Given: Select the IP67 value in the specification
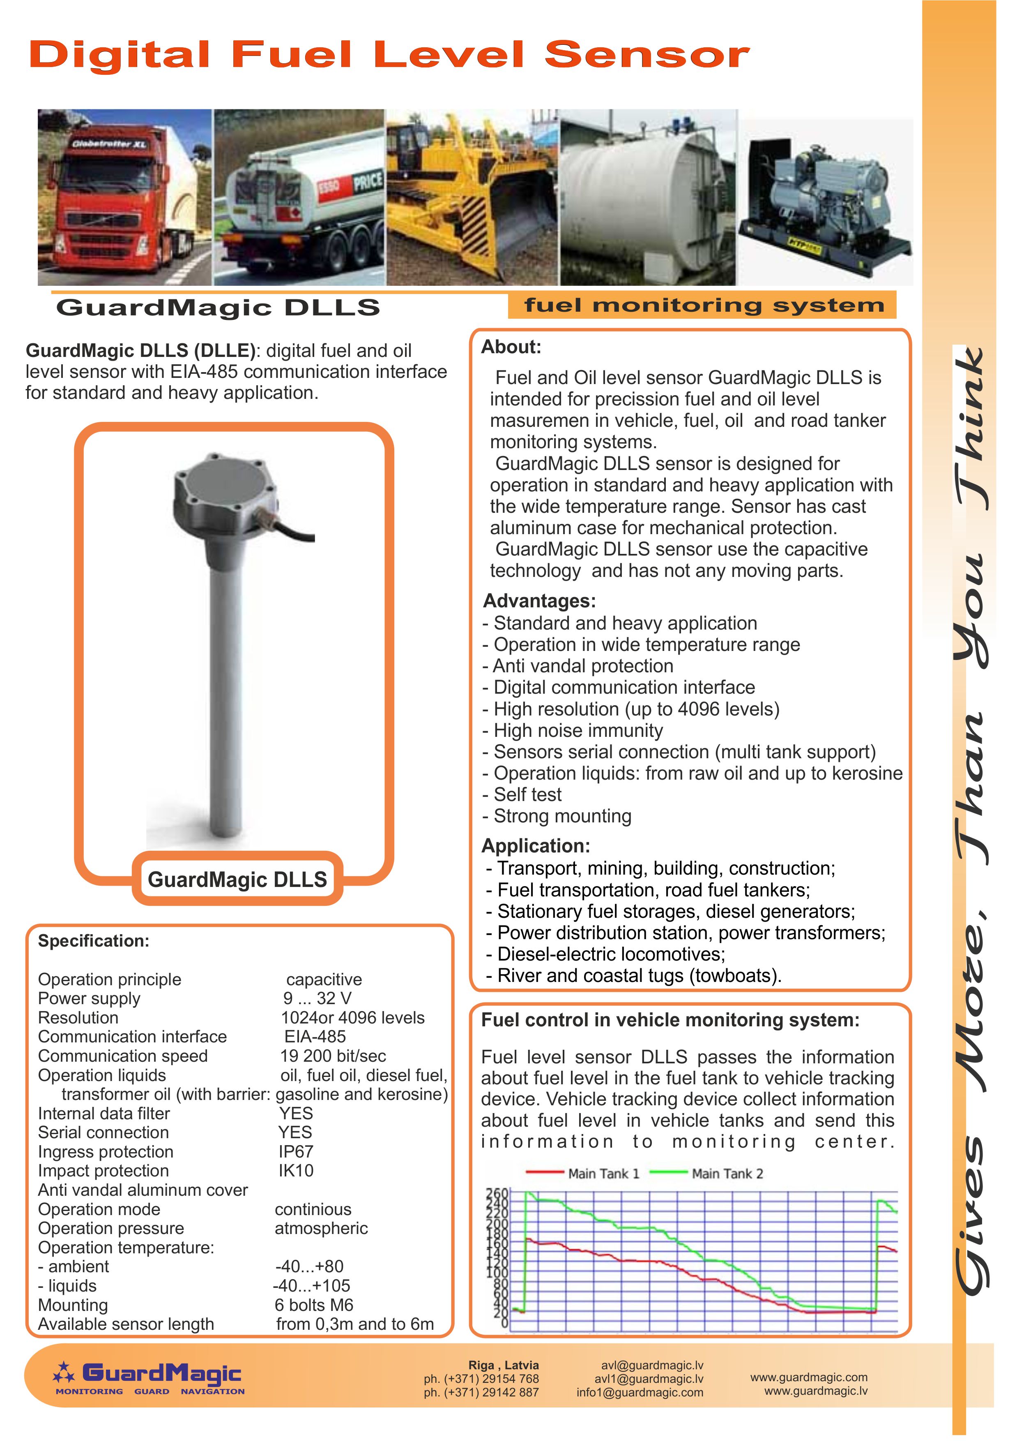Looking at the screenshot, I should pyautogui.click(x=296, y=1151).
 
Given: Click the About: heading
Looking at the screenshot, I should pyautogui.click(x=511, y=347).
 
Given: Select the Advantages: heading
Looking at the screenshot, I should pyautogui.click(x=539, y=601).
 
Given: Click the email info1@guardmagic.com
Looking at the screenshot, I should pyautogui.click(x=640, y=1392).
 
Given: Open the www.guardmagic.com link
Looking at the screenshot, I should pyautogui.click(x=809, y=1377).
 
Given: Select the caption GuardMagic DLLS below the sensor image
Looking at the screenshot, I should pyautogui.click(x=237, y=879).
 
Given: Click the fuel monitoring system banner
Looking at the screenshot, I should pyautogui.click(x=704, y=306).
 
